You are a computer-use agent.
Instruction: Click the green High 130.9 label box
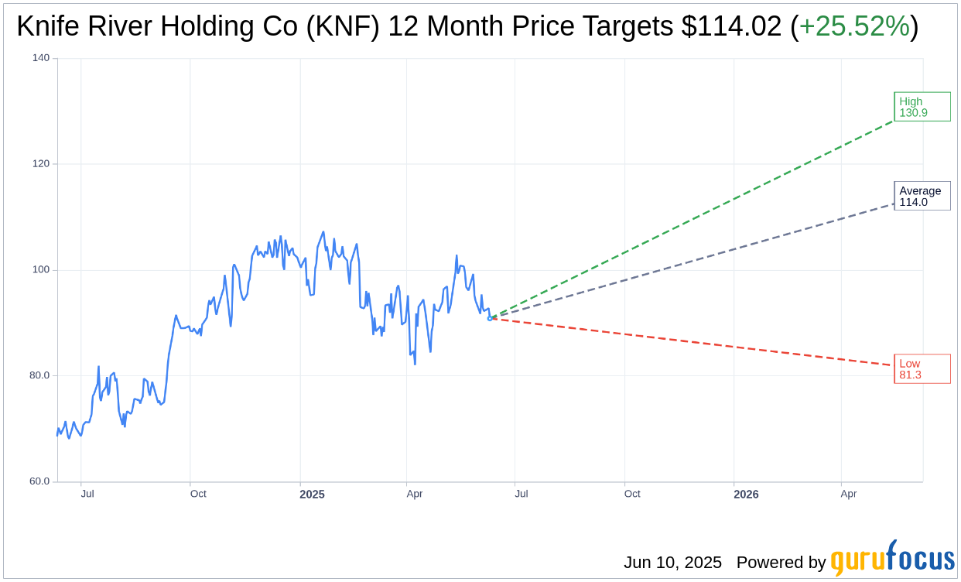[922, 107]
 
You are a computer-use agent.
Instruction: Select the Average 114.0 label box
[922, 196]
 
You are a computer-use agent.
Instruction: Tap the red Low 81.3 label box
[922, 369]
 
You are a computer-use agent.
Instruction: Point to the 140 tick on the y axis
[40, 58]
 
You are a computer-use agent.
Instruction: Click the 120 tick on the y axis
[40, 164]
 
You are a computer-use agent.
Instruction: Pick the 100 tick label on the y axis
[40, 269]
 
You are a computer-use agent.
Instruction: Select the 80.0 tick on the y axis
[39, 375]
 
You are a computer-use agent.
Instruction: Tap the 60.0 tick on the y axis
[39, 481]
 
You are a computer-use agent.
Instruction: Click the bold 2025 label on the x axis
[312, 495]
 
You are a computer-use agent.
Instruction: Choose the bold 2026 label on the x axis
[746, 495]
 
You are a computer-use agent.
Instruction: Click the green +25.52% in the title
[853, 27]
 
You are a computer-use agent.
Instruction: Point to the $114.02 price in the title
[731, 27]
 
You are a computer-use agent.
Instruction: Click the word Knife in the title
[46, 27]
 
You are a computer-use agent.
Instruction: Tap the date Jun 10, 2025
[672, 562]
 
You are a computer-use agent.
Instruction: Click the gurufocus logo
[892, 559]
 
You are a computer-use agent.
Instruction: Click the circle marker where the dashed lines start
[490, 318]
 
